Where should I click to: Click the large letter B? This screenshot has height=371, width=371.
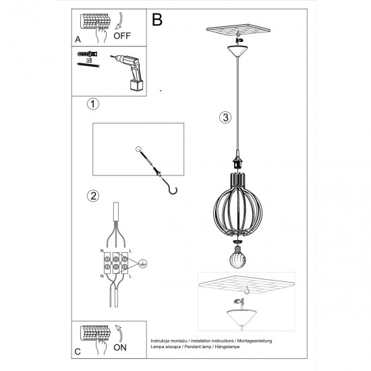click(x=157, y=20)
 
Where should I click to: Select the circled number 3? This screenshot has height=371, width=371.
click(x=225, y=117)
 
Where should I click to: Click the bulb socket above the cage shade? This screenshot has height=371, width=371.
click(x=237, y=164)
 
